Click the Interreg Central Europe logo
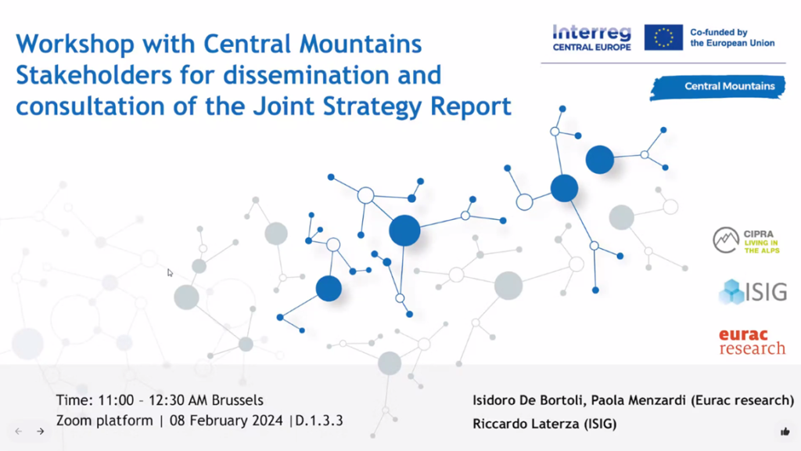click(591, 38)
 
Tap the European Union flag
click(663, 38)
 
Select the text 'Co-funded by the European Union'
click(732, 38)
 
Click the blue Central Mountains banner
click(718, 87)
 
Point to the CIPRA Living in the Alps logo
click(746, 240)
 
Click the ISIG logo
click(753, 291)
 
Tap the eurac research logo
click(752, 341)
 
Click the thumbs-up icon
click(785, 431)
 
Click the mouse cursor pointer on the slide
click(170, 273)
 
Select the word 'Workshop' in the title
click(75, 44)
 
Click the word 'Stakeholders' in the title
click(94, 75)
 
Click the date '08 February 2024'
click(226, 420)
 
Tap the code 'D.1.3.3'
click(319, 420)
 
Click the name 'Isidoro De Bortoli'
click(528, 400)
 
